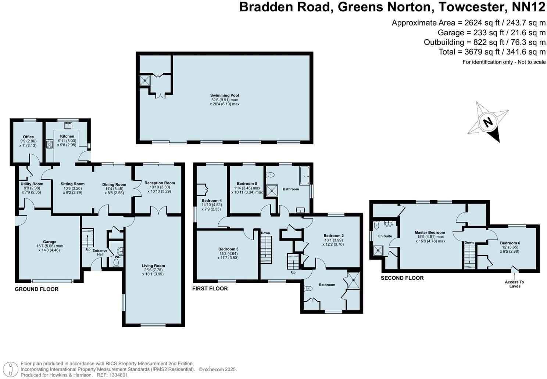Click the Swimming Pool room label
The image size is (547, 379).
pos(225,95)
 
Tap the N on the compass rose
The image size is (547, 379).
pos(488,122)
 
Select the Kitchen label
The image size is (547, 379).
pos(67,136)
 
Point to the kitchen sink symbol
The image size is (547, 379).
pos(67,126)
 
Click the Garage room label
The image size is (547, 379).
pos(50,242)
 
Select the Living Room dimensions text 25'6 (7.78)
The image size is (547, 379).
pos(154,270)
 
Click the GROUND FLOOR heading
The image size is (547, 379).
pos(36,289)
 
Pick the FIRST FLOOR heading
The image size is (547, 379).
pos(210,289)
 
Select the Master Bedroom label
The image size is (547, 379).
pos(430,232)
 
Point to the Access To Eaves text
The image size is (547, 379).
pos(515,284)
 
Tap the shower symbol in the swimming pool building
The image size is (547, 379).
pos(145,80)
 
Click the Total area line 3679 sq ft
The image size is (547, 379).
pos(492,52)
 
